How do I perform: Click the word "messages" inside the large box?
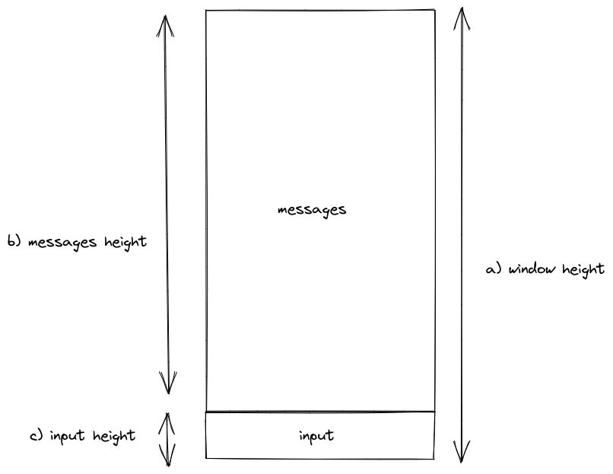(312, 211)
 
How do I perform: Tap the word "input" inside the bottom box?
(316, 436)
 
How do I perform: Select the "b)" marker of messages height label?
(14, 241)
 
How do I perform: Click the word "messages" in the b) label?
(62, 243)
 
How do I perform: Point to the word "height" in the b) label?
(125, 242)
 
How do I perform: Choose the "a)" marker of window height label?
(494, 269)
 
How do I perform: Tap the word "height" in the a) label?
(583, 270)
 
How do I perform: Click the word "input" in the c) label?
(67, 436)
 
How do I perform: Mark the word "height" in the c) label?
(114, 436)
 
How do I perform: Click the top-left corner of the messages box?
(206, 11)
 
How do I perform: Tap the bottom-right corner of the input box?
(434, 458)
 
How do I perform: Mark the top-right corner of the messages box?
(435, 10)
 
